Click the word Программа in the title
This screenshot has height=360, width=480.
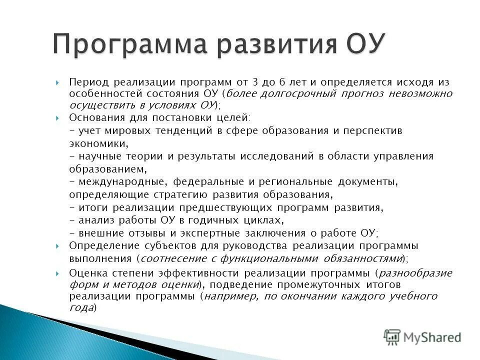(129, 45)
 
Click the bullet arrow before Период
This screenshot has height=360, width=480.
(58, 82)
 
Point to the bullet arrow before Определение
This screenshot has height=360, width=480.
(58, 245)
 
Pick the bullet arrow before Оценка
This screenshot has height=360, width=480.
(58, 273)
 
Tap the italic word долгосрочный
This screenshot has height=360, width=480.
(285, 93)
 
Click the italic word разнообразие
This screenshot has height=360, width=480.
(415, 273)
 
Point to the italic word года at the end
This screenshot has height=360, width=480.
(81, 308)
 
